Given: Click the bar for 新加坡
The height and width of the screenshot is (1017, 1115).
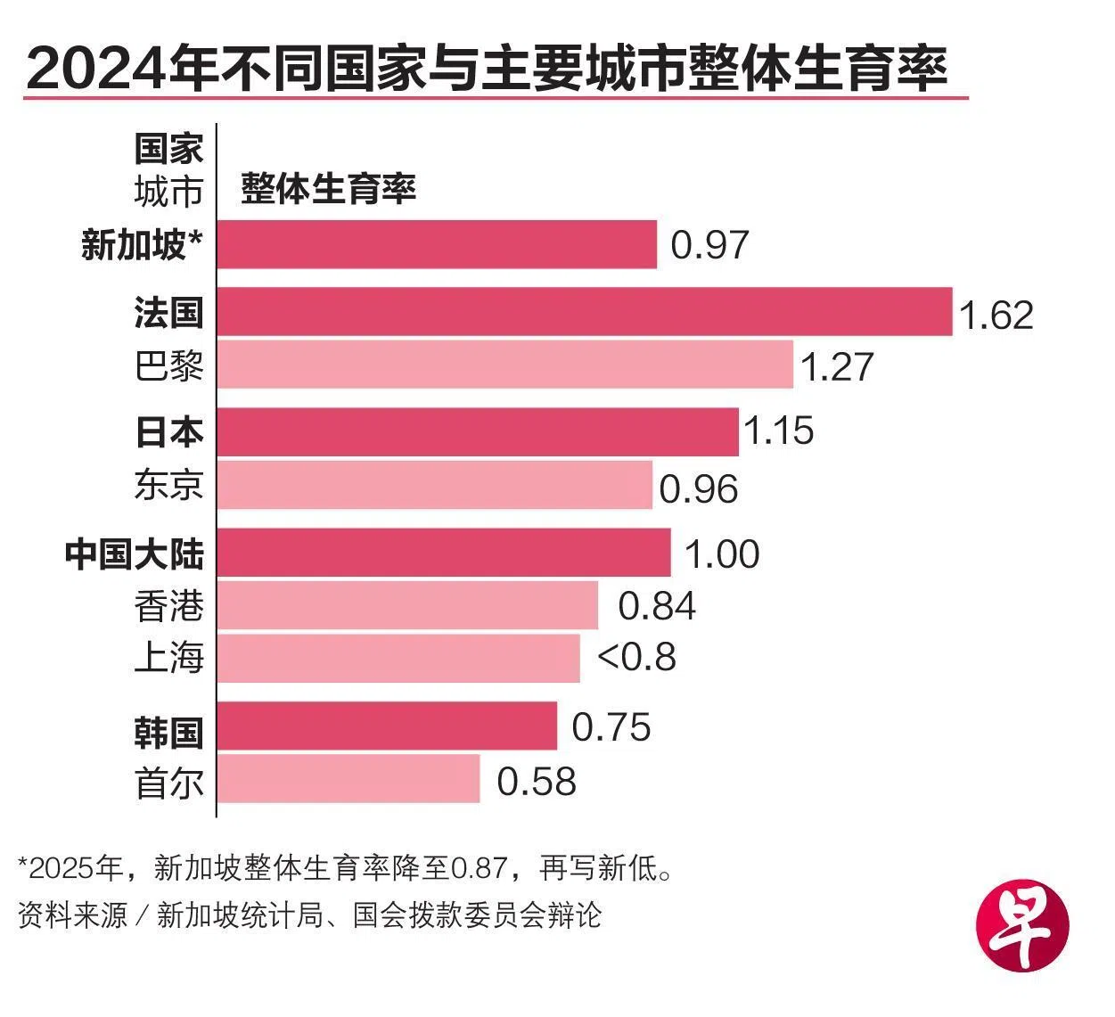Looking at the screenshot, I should [x=437, y=244].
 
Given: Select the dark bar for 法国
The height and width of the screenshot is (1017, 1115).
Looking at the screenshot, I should [x=585, y=312].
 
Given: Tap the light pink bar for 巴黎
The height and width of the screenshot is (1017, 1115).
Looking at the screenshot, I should [x=504, y=365].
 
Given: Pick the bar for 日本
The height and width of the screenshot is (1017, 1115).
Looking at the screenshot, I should [x=478, y=431].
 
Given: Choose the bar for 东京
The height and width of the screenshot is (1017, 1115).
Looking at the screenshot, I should [x=434, y=485].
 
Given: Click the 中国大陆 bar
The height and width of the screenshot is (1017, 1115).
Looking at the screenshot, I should [x=444, y=553].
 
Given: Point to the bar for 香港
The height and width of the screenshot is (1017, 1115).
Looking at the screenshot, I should [x=407, y=605].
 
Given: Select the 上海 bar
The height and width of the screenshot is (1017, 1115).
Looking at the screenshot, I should [x=398, y=658].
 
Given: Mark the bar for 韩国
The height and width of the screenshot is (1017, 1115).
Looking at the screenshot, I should [x=387, y=726].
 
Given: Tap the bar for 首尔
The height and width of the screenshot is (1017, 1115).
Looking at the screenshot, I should [x=348, y=778].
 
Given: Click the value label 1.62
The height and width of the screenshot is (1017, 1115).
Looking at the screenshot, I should [x=996, y=316].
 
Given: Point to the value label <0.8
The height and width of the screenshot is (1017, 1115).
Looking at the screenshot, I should [x=636, y=658].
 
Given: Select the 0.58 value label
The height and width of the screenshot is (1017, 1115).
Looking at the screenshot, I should [x=537, y=782].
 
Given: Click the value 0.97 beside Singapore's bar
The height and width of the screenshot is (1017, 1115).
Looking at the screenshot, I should [x=709, y=245].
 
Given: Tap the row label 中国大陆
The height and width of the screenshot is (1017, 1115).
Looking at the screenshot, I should [x=135, y=554].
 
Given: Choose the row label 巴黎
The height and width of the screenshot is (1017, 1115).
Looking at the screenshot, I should [x=169, y=365].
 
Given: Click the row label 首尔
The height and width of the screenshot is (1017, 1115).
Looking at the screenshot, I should [x=169, y=782].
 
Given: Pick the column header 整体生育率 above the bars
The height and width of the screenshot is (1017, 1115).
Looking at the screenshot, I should [x=328, y=189].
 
